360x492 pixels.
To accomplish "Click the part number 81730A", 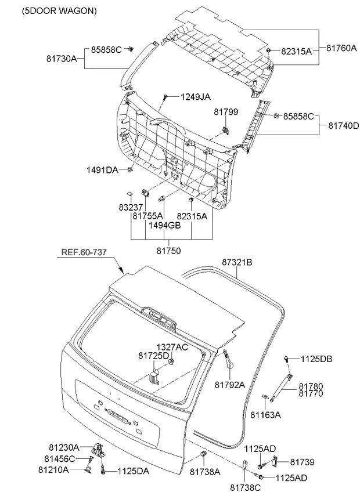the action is coord(62,59).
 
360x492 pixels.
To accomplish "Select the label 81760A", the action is coord(341,48).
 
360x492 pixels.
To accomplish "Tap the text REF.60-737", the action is coord(84,252).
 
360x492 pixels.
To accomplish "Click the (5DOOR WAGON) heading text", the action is coord(59,10).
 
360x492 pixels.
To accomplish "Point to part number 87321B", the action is coord(237,262).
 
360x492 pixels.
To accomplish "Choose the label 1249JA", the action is coord(196,97).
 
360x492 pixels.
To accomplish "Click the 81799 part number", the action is coord(226,112).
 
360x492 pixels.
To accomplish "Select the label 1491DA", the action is coord(102,170).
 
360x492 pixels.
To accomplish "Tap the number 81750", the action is coord(169,251).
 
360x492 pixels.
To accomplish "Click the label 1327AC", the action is coord(172,347).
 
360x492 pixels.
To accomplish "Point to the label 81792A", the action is coord(230,385).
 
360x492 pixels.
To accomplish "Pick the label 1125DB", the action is coord(316,359).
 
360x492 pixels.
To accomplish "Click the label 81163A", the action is coord(266,415).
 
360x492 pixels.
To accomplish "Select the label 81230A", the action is coord(64,447).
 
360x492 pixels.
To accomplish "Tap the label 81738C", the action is coord(246,487).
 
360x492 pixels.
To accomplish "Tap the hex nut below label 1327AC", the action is coord(171,362).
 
